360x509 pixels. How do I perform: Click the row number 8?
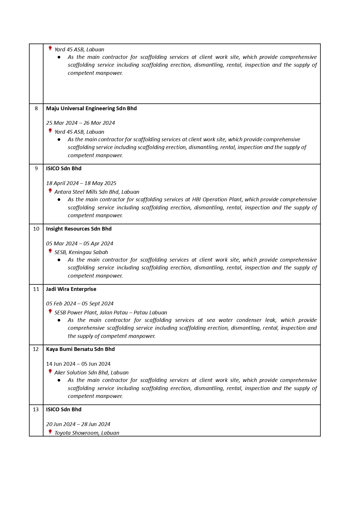[36, 108]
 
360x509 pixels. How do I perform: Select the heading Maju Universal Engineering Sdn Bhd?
[91, 108]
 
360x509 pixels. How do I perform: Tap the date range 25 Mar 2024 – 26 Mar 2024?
[80, 123]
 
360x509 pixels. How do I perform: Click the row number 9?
[36, 169]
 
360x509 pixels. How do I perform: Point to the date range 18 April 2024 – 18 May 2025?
[81, 183]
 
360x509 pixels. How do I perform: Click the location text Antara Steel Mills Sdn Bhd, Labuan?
[97, 192]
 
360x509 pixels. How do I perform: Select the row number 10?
[36, 229]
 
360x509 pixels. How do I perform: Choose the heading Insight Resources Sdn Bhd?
[79, 229]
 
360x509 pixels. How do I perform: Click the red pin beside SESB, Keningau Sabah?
[50, 251]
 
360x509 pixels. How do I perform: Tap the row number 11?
[36, 289]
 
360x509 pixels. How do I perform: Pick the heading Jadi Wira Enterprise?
[71, 289]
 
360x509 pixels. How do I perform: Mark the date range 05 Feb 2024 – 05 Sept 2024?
[80, 304]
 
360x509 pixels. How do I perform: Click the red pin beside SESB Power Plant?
[50, 311]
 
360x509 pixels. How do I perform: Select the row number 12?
[36, 349]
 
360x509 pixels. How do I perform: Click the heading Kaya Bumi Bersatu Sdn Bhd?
[80, 349]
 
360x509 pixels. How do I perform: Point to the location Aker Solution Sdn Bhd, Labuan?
[91, 373]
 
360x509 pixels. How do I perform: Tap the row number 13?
[36, 410]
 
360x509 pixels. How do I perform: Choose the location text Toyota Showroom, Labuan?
[87, 433]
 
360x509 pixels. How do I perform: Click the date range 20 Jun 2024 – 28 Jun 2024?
[78, 424]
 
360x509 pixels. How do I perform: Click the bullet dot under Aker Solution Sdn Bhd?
[59, 380]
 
